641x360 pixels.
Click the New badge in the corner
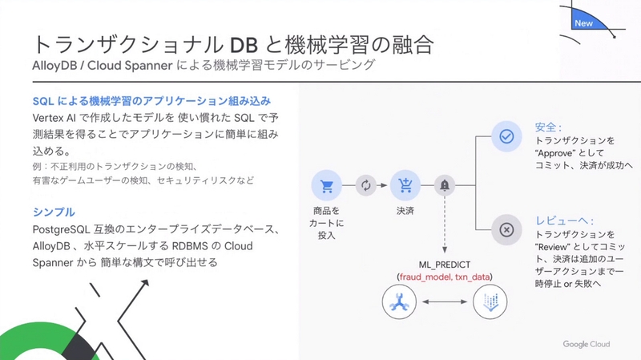[x=584, y=24]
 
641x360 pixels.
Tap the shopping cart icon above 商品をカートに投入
[x=326, y=186]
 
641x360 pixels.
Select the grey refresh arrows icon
[x=365, y=186]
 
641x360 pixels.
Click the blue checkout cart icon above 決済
[x=405, y=186]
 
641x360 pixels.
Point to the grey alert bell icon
[x=444, y=186]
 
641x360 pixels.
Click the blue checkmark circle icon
[x=506, y=136]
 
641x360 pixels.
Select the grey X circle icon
[x=506, y=229]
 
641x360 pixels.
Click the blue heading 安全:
[x=548, y=127]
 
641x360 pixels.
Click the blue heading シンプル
[x=54, y=212]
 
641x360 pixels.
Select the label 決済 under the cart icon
[x=405, y=212]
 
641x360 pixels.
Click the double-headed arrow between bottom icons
[x=444, y=302]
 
